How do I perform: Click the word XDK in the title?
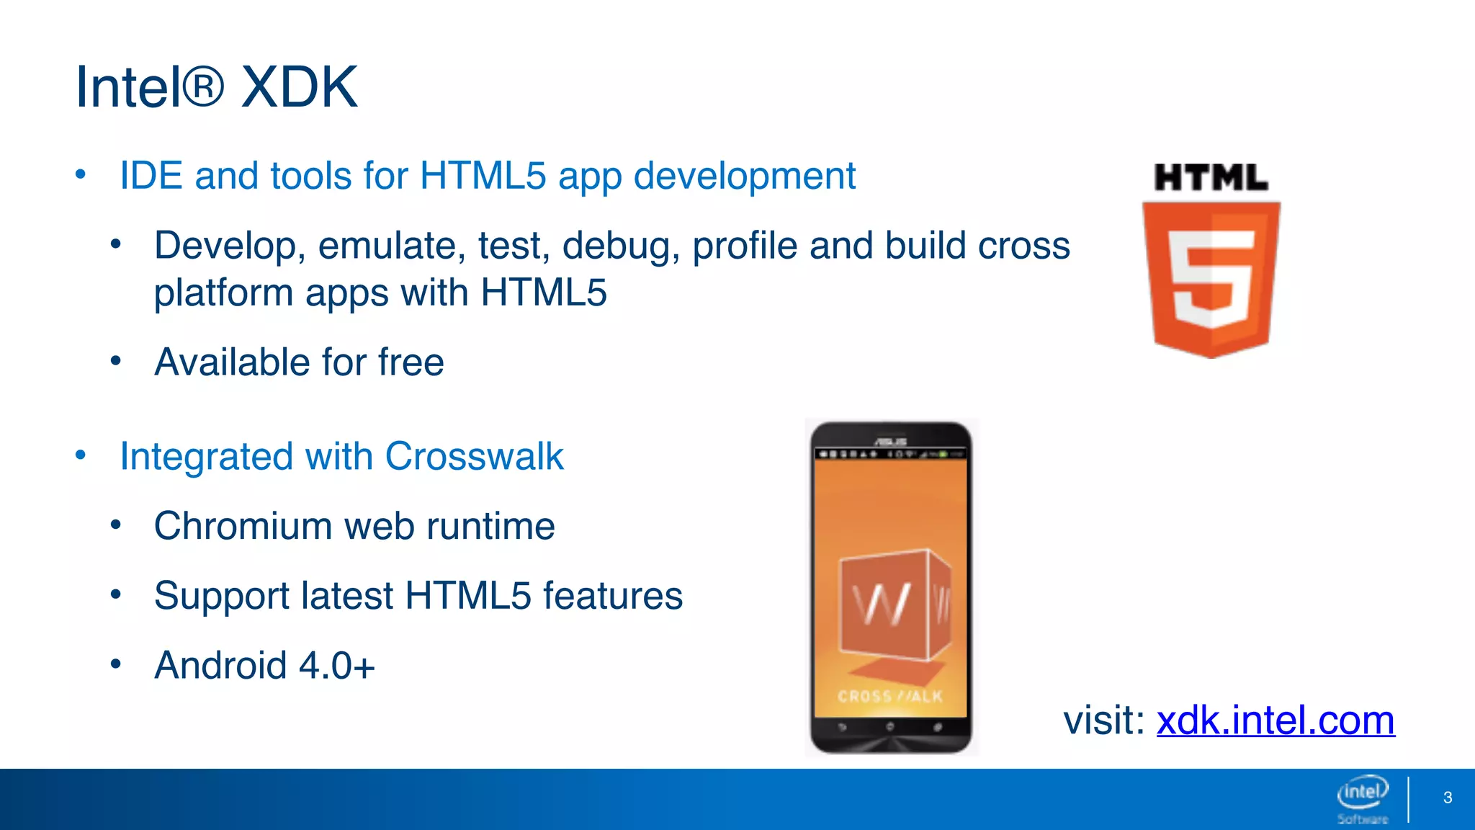(x=299, y=87)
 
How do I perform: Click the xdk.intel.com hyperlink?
(x=1276, y=720)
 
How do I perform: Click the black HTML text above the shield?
(x=1211, y=178)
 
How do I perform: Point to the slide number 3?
(x=1448, y=798)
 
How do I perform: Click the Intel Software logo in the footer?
(x=1363, y=798)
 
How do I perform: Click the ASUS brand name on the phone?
(x=891, y=441)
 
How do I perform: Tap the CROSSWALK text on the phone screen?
(x=890, y=697)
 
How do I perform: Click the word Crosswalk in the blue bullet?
(x=474, y=456)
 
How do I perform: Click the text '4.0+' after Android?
(x=336, y=665)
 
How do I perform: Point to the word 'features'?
(x=612, y=596)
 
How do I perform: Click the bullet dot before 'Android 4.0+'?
(x=116, y=664)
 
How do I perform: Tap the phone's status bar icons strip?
(x=891, y=455)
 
